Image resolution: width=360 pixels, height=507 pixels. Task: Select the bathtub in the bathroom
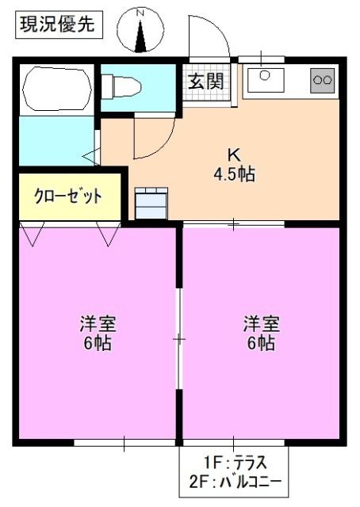point(56,90)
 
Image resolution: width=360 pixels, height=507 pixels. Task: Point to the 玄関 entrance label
point(205,80)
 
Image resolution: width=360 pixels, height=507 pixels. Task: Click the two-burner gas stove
point(323,79)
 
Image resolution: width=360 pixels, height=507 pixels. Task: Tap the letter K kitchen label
point(234,154)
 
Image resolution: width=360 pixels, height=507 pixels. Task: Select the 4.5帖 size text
point(234,174)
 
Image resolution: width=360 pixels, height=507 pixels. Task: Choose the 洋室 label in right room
point(261,324)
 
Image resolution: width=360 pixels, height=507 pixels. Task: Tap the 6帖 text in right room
point(261,344)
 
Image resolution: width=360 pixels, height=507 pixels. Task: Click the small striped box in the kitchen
point(151,202)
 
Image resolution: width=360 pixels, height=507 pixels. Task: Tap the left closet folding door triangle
point(33,233)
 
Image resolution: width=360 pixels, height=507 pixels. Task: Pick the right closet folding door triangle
point(108,233)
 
